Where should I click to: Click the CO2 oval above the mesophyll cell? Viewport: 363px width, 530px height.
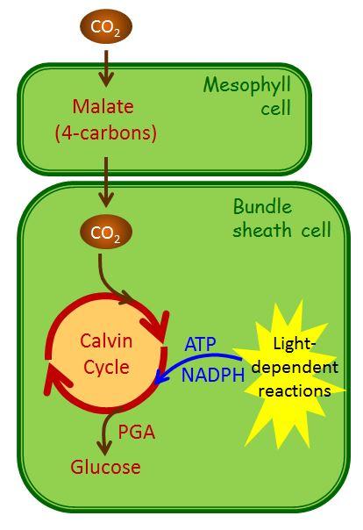pyautogui.click(x=106, y=27)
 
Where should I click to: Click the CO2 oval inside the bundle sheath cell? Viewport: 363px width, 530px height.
pyautogui.click(x=106, y=233)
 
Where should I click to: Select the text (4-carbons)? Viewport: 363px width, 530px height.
pyautogui.click(x=106, y=134)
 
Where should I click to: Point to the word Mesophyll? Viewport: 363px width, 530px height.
pyautogui.click(x=246, y=87)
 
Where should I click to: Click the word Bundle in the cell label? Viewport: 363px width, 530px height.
pyautogui.click(x=262, y=207)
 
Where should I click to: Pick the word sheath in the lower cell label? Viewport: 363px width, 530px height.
pyautogui.click(x=259, y=232)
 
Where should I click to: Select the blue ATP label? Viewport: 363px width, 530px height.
pyautogui.click(x=201, y=343)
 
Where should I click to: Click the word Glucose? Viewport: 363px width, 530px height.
pyautogui.click(x=106, y=467)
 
